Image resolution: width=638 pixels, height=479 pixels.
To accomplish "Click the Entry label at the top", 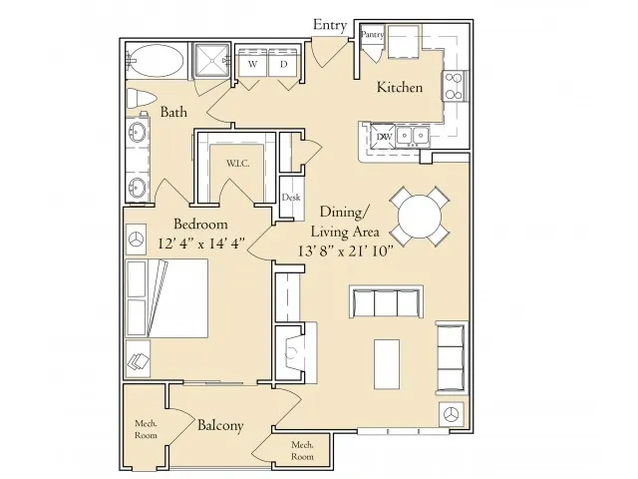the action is coord(330,25).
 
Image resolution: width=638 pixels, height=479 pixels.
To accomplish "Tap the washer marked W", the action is coord(252,63).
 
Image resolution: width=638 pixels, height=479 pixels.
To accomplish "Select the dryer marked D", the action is coord(283,63).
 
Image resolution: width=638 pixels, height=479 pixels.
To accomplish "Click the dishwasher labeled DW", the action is coord(383,136).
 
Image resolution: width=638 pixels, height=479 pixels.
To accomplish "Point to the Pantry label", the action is coord(372,35).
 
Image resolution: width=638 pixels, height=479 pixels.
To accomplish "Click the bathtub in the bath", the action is coord(157,60).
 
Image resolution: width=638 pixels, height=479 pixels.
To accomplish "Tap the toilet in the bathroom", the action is coord(141,99).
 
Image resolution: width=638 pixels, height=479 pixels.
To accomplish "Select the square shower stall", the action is coord(212,60).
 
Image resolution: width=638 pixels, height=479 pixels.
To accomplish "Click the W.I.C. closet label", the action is coord(238,164).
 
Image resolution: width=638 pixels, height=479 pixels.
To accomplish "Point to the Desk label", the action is coord(291,198).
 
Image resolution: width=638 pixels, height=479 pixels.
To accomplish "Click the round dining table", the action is coord(420,217).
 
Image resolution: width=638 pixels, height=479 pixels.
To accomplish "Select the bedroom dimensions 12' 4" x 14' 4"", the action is coord(201,243).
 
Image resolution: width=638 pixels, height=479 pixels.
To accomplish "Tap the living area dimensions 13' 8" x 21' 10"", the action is coord(345,250).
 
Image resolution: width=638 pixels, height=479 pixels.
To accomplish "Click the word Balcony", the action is coord(220,425).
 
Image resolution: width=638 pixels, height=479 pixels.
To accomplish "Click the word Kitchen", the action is coord(400,87).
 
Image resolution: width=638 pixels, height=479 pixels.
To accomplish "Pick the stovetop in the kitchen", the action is coord(454,86).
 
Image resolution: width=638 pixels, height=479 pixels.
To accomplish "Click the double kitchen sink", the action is coord(413,136).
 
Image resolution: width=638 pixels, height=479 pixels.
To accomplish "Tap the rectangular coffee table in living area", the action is coord(387,364).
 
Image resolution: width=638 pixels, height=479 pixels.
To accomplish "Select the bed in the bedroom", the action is coord(166,298).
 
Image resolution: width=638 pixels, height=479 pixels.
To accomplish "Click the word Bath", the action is coord(173,112).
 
